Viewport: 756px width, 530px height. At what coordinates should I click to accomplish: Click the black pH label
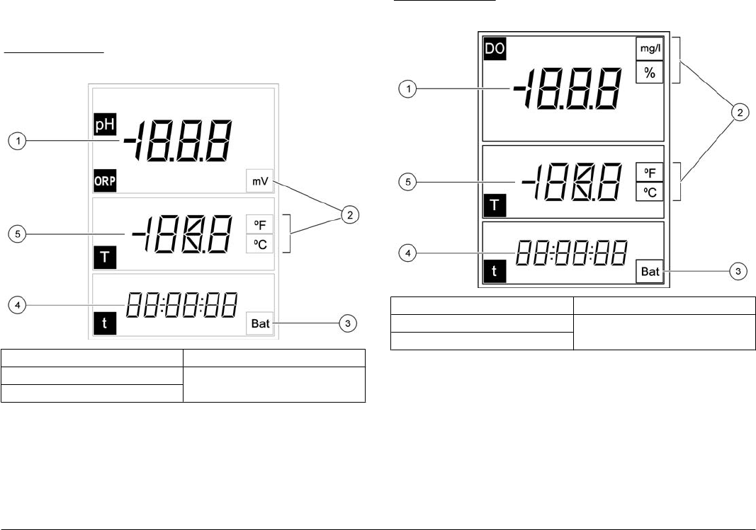tap(103, 125)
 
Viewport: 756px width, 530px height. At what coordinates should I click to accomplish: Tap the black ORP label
tap(105, 180)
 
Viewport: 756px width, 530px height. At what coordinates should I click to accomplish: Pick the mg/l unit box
tap(649, 48)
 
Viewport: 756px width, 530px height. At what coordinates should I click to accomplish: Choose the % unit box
tap(649, 72)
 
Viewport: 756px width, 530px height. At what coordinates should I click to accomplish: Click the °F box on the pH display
tap(259, 225)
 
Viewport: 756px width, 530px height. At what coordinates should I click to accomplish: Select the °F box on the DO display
tap(649, 173)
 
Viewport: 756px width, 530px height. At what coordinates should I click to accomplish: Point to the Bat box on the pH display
tap(261, 326)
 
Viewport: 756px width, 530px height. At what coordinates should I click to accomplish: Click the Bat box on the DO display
tap(649, 271)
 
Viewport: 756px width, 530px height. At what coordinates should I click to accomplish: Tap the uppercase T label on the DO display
tap(494, 205)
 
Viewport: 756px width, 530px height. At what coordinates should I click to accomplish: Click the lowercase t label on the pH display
tap(104, 326)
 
